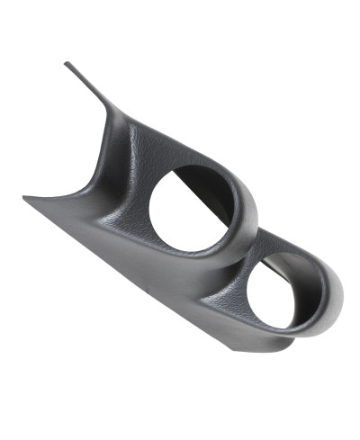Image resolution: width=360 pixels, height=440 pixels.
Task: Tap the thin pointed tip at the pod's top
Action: point(67,63)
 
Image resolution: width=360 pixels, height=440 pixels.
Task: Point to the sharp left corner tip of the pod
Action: point(23,198)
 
